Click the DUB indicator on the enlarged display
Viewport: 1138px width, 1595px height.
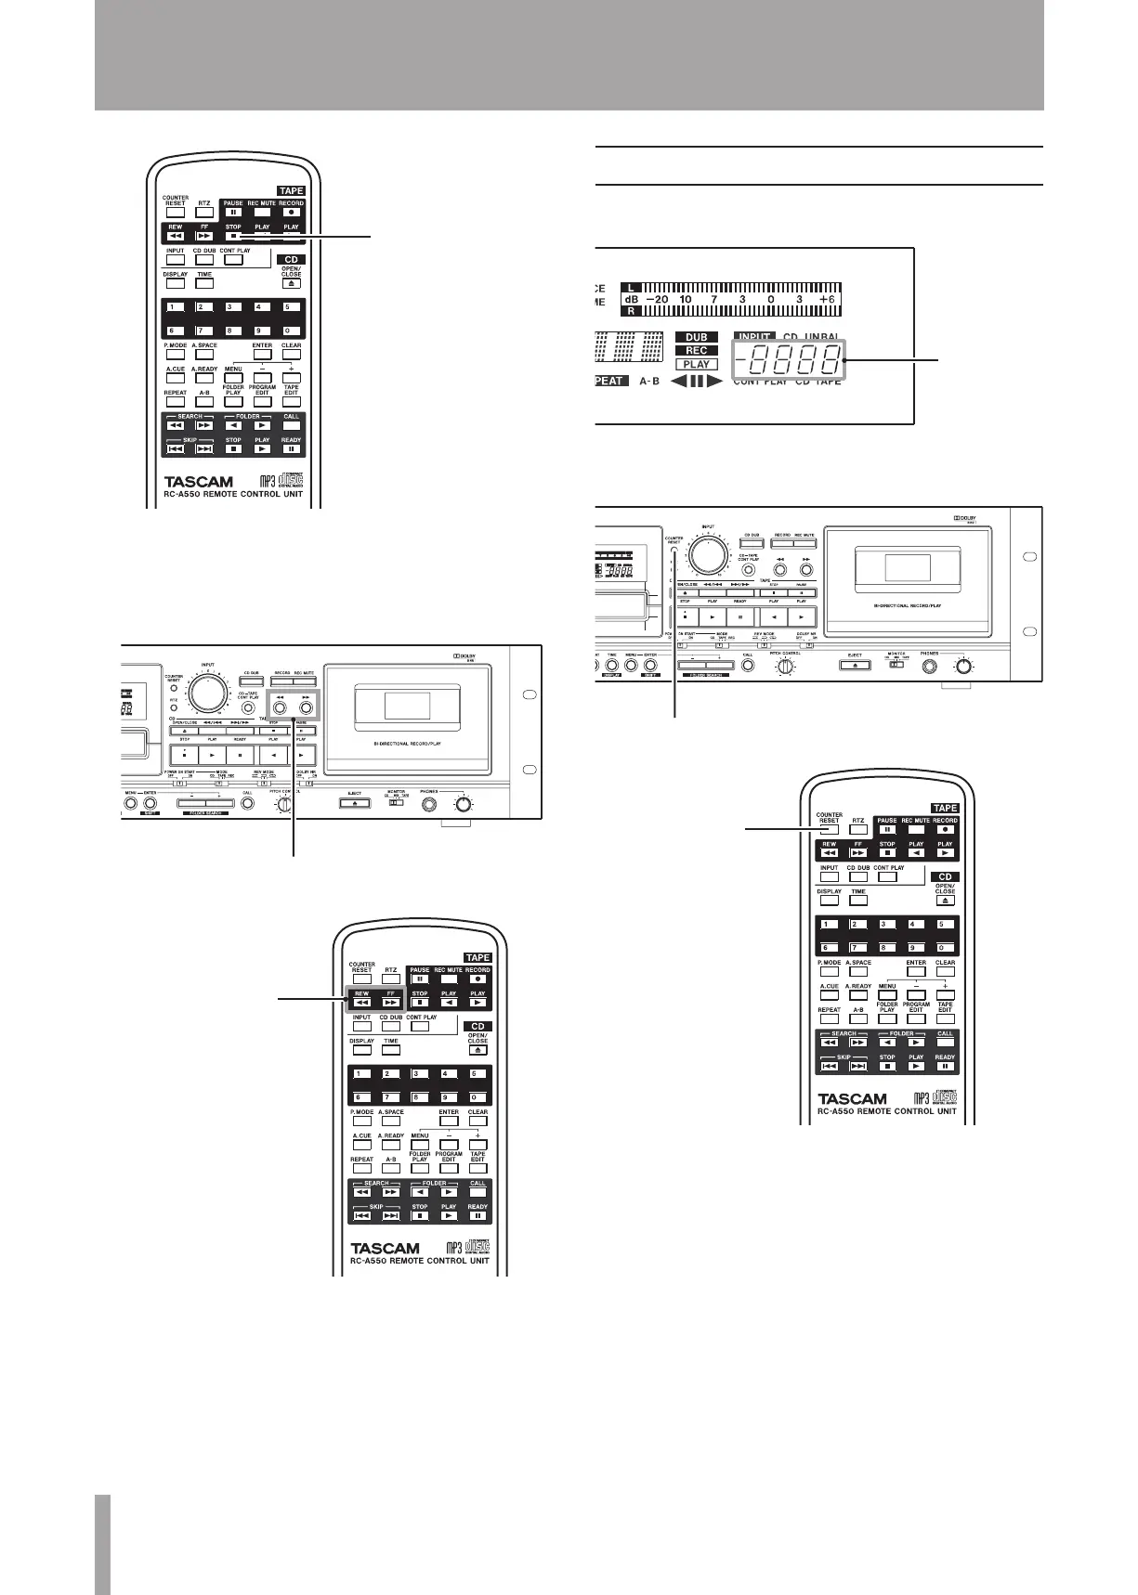(x=696, y=338)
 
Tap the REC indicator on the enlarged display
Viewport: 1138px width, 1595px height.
(x=696, y=351)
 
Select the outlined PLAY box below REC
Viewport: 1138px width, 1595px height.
(x=696, y=365)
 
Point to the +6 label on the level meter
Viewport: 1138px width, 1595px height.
(x=827, y=300)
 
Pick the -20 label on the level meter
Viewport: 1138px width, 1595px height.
(x=655, y=300)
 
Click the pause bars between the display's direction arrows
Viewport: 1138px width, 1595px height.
(x=697, y=382)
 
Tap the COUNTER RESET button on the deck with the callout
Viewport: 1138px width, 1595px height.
(x=674, y=554)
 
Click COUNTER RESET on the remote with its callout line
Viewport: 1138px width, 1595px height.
(x=829, y=830)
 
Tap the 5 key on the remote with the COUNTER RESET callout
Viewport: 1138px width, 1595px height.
(x=945, y=925)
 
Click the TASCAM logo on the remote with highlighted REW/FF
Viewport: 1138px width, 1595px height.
(x=385, y=1249)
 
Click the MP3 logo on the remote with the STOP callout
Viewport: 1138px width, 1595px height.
(x=266, y=482)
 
